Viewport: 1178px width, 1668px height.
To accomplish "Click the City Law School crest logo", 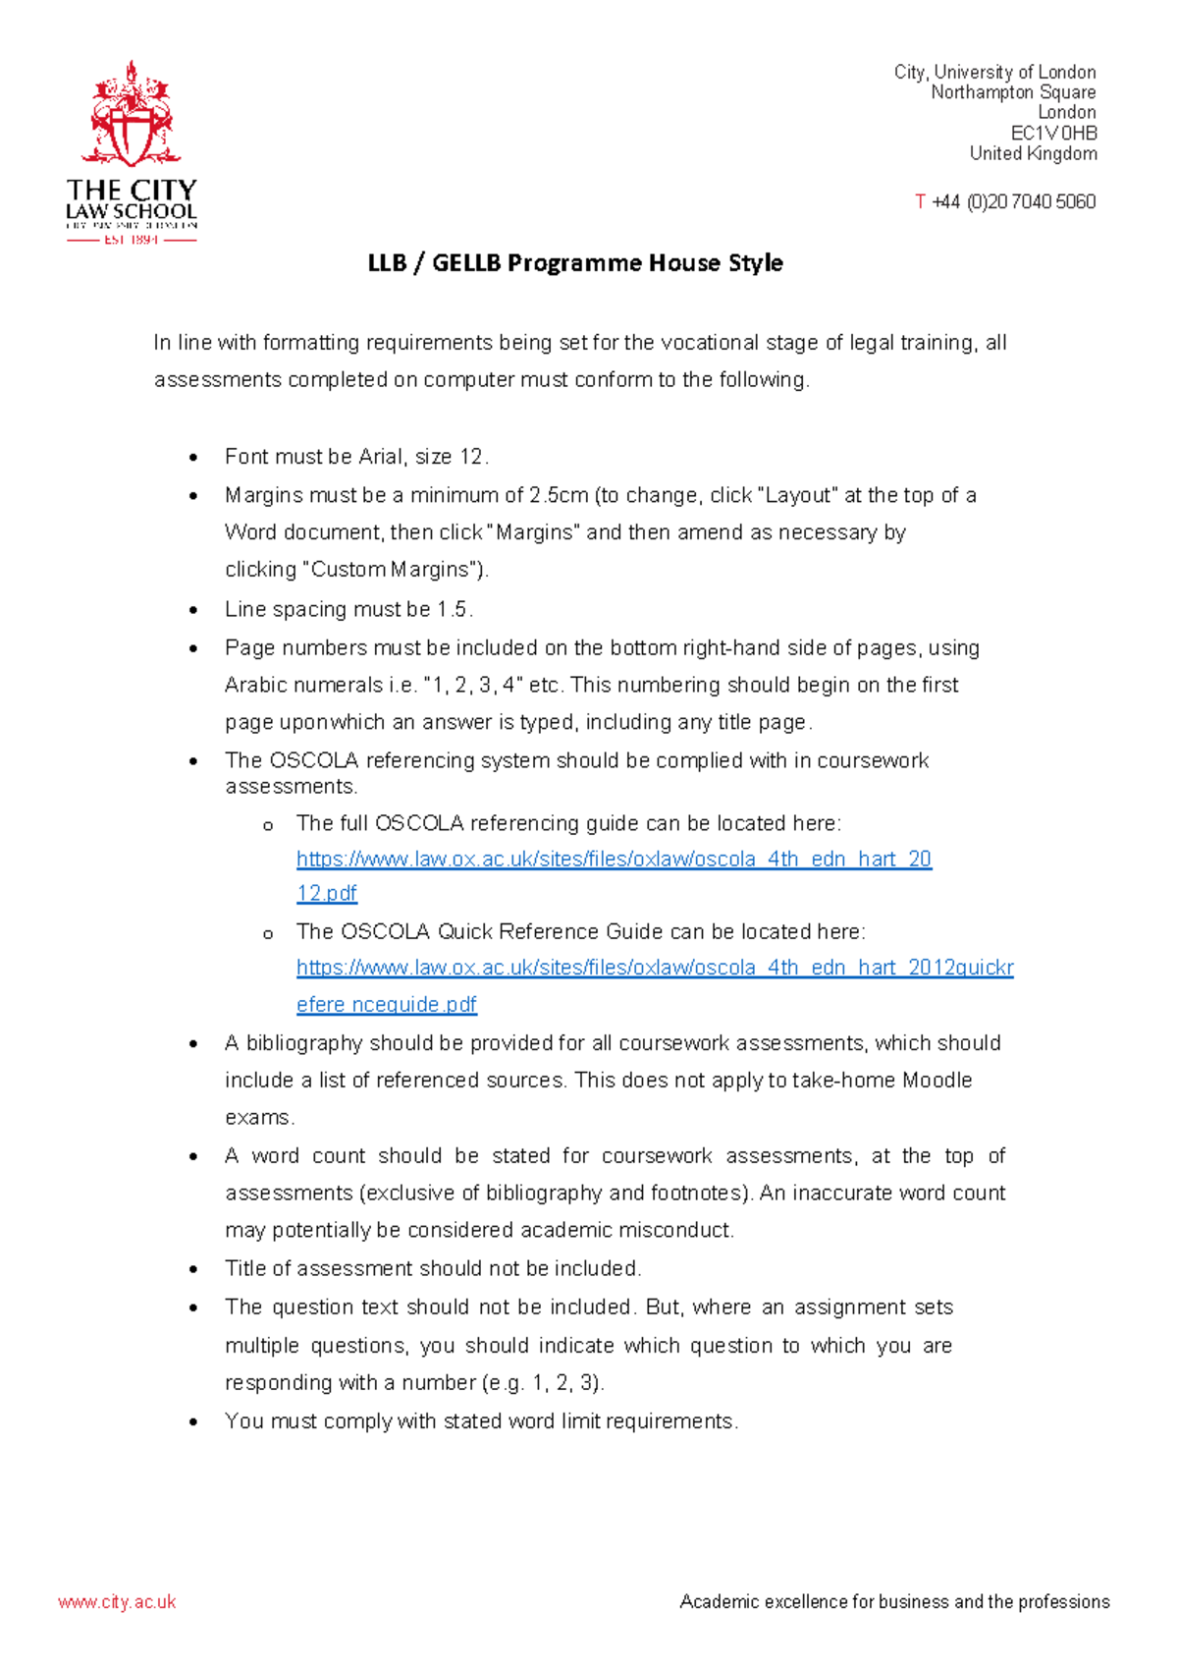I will click(131, 116).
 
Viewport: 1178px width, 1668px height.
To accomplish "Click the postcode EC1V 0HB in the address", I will click(1053, 133).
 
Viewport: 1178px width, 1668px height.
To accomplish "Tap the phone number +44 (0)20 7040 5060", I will click(1013, 201).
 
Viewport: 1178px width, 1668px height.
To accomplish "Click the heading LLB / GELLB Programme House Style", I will click(575, 263).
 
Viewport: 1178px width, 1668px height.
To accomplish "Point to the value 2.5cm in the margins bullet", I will click(559, 495).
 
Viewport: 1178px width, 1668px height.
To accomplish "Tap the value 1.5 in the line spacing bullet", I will click(453, 609).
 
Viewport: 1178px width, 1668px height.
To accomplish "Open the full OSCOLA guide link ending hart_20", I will click(614, 860).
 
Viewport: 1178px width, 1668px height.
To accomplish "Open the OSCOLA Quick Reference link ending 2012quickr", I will click(655, 968).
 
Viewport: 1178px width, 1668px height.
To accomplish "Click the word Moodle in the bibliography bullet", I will click(937, 1081).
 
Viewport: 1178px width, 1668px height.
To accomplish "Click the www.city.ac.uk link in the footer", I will click(117, 1602).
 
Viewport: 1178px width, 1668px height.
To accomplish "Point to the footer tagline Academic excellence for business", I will click(894, 1602).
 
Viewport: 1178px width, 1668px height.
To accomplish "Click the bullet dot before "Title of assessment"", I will click(193, 1270).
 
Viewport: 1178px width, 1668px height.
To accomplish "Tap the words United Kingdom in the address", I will click(1033, 153).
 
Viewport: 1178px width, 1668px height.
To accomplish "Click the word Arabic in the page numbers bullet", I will click(256, 685).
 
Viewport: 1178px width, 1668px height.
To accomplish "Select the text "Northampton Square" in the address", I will click(1013, 92).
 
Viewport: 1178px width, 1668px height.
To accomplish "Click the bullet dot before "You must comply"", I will click(193, 1422).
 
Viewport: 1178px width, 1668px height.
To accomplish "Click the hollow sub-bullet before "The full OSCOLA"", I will click(267, 826).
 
